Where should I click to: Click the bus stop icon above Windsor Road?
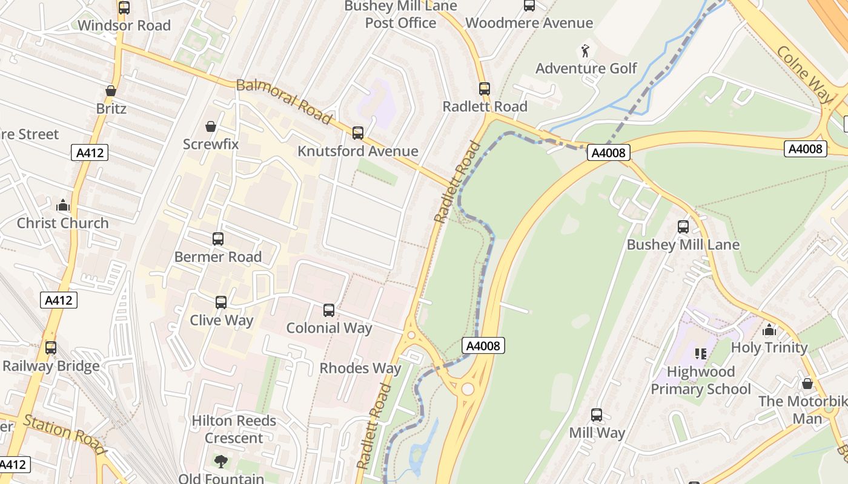point(124,8)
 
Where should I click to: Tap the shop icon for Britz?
point(111,91)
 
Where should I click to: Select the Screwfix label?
point(211,144)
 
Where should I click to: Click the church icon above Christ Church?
point(62,205)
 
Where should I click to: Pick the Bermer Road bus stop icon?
point(218,239)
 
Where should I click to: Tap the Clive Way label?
point(222,320)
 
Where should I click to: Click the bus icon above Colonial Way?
point(329,310)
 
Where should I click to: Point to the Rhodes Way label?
point(360,368)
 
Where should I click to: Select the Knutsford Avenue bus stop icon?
point(358,133)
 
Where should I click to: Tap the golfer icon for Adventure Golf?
point(585,50)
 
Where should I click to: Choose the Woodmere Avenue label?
point(529,23)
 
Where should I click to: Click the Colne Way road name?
point(804,73)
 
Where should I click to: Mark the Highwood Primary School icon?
point(701,354)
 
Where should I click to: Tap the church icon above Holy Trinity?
point(769,330)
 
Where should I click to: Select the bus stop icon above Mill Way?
point(597,415)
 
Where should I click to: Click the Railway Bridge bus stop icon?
point(51,348)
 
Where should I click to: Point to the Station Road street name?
point(65,434)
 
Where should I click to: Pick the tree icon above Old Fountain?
point(221,462)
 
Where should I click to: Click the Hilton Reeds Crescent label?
point(234,429)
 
